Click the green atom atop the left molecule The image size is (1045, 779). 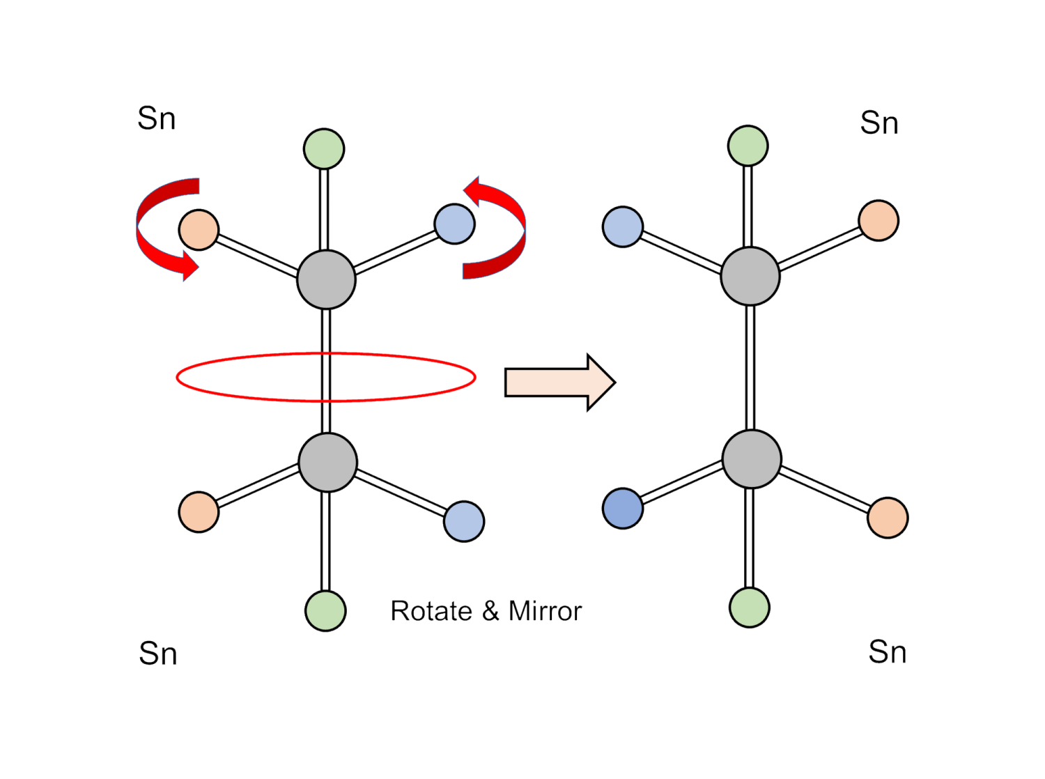324,148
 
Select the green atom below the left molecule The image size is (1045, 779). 325,610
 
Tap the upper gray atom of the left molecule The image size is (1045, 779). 326,279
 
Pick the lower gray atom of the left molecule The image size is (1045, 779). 327,462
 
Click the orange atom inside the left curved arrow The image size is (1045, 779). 199,230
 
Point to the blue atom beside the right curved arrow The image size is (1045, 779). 454,224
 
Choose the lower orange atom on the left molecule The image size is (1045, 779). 199,511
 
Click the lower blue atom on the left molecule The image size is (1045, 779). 464,521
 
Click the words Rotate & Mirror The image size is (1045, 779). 486,611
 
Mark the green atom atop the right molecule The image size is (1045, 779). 748,146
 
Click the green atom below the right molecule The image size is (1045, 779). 749,607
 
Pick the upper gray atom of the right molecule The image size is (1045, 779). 750,276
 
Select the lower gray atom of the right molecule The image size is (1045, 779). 752,458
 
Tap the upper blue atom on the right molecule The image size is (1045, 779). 622,226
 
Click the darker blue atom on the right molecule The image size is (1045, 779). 622,508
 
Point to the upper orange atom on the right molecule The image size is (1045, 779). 878,220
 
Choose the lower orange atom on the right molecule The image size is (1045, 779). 888,518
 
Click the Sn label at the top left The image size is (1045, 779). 157,118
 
